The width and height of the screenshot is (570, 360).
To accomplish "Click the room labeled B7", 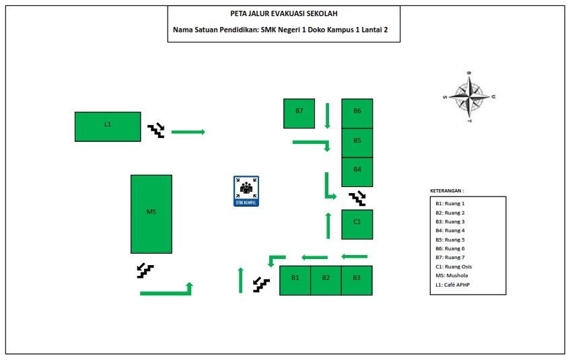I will tap(299, 113).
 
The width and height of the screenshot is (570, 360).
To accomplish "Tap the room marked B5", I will tap(357, 142).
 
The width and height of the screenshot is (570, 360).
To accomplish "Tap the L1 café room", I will tap(108, 127).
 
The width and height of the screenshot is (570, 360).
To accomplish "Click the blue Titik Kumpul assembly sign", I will tap(246, 191).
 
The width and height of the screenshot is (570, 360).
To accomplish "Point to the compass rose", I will tap(470, 97).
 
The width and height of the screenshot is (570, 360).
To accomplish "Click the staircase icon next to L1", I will tap(156, 130).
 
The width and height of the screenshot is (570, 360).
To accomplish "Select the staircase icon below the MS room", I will tap(145, 271).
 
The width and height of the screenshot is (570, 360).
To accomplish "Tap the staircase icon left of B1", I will tap(261, 285).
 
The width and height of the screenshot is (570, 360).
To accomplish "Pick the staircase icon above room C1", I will tap(357, 198).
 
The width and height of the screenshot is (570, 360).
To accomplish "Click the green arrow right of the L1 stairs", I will tap(188, 132).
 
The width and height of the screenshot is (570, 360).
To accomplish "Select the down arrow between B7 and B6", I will tap(328, 116).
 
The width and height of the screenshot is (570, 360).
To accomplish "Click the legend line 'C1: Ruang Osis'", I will tap(453, 266).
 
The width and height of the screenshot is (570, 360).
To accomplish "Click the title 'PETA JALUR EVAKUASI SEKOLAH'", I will tap(284, 13).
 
